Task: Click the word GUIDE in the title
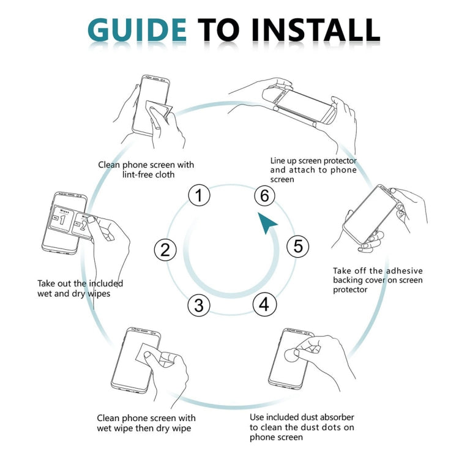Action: (x=137, y=29)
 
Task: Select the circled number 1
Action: (x=199, y=196)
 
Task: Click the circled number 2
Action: (x=165, y=249)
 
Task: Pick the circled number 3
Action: (x=198, y=305)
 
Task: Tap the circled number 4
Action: (x=264, y=304)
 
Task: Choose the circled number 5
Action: (x=297, y=246)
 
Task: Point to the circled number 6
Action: (x=264, y=196)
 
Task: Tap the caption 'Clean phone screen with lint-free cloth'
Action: (x=146, y=170)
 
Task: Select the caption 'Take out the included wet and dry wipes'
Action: (x=80, y=288)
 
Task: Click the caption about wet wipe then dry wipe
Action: (x=146, y=422)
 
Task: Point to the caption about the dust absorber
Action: (x=302, y=427)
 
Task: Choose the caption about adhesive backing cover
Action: (x=378, y=280)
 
